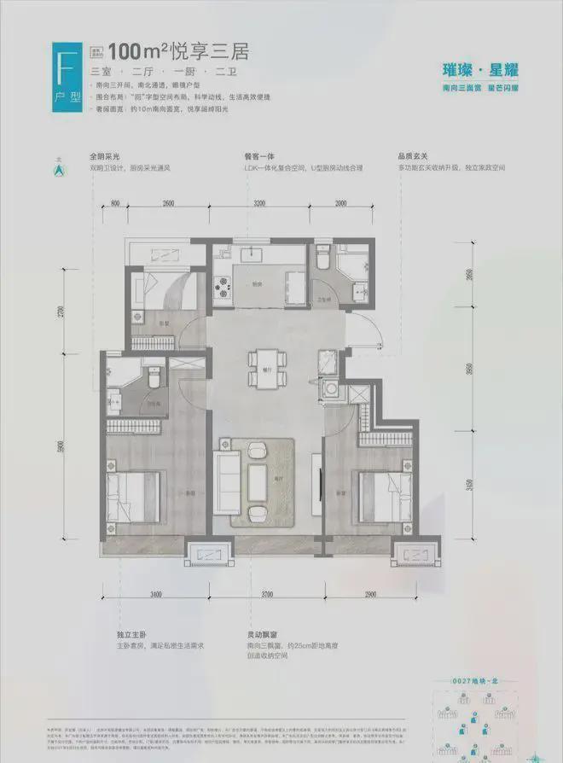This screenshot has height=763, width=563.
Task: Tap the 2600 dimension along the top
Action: coord(167,202)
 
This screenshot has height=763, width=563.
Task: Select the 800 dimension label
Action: coord(114,202)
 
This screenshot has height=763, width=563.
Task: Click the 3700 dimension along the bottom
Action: coord(267,593)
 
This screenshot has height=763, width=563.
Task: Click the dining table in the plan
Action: coord(262,369)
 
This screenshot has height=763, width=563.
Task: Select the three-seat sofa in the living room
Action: coord(229,478)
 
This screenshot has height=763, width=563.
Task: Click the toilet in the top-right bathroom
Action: coord(323,258)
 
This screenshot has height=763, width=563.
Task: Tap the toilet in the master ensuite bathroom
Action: coord(154,376)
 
